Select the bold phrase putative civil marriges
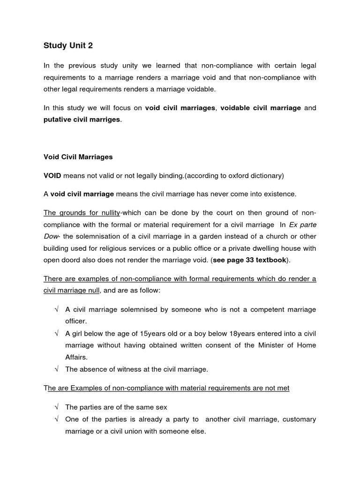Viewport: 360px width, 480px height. click(82, 120)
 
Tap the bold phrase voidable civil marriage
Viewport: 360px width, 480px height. click(261, 108)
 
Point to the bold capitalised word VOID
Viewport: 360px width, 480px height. click(52, 175)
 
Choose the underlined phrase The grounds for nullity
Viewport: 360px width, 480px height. click(82, 212)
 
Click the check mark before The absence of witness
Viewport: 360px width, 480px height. click(56, 369)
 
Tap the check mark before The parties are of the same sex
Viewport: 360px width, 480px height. click(56, 407)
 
